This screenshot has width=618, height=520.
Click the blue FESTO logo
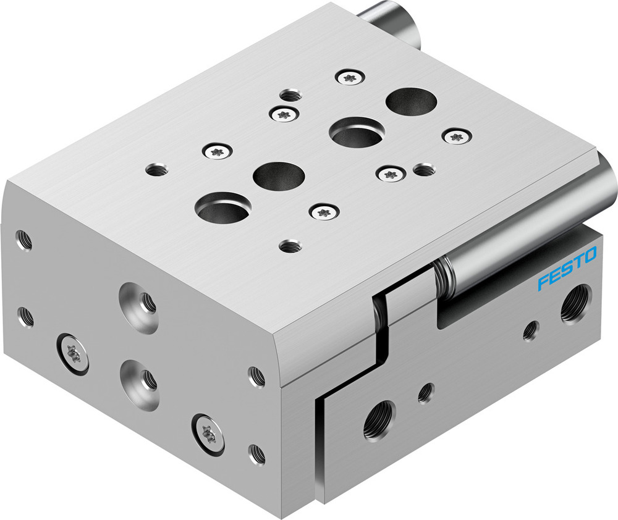pos(567,269)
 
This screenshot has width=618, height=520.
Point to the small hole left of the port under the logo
pos(530,330)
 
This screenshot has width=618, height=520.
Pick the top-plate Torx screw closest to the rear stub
pos(350,78)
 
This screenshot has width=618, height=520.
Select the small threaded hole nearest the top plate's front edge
pos(290,246)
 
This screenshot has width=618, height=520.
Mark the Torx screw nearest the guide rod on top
pos(456,136)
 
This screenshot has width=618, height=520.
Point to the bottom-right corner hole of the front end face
pos(257,454)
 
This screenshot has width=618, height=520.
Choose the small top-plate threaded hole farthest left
pos(157,169)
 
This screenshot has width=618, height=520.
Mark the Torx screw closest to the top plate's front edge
pos(324,212)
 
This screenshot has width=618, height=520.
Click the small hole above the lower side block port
pos(425,392)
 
